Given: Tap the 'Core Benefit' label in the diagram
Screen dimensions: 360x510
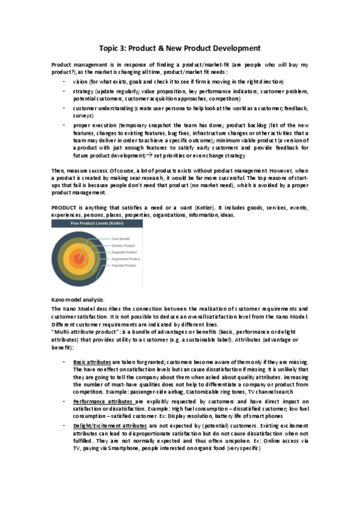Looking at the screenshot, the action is point(121,238).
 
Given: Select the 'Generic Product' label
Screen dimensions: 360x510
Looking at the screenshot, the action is point(123,245).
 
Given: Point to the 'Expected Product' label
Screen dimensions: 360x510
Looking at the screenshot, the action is point(124,251).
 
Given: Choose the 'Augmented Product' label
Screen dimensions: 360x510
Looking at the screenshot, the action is point(125,258).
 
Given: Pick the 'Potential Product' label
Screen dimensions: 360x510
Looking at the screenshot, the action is point(124,265).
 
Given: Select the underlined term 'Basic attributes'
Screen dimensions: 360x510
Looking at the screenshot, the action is point(90,362).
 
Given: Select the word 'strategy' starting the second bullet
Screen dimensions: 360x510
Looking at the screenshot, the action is point(84,91).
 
